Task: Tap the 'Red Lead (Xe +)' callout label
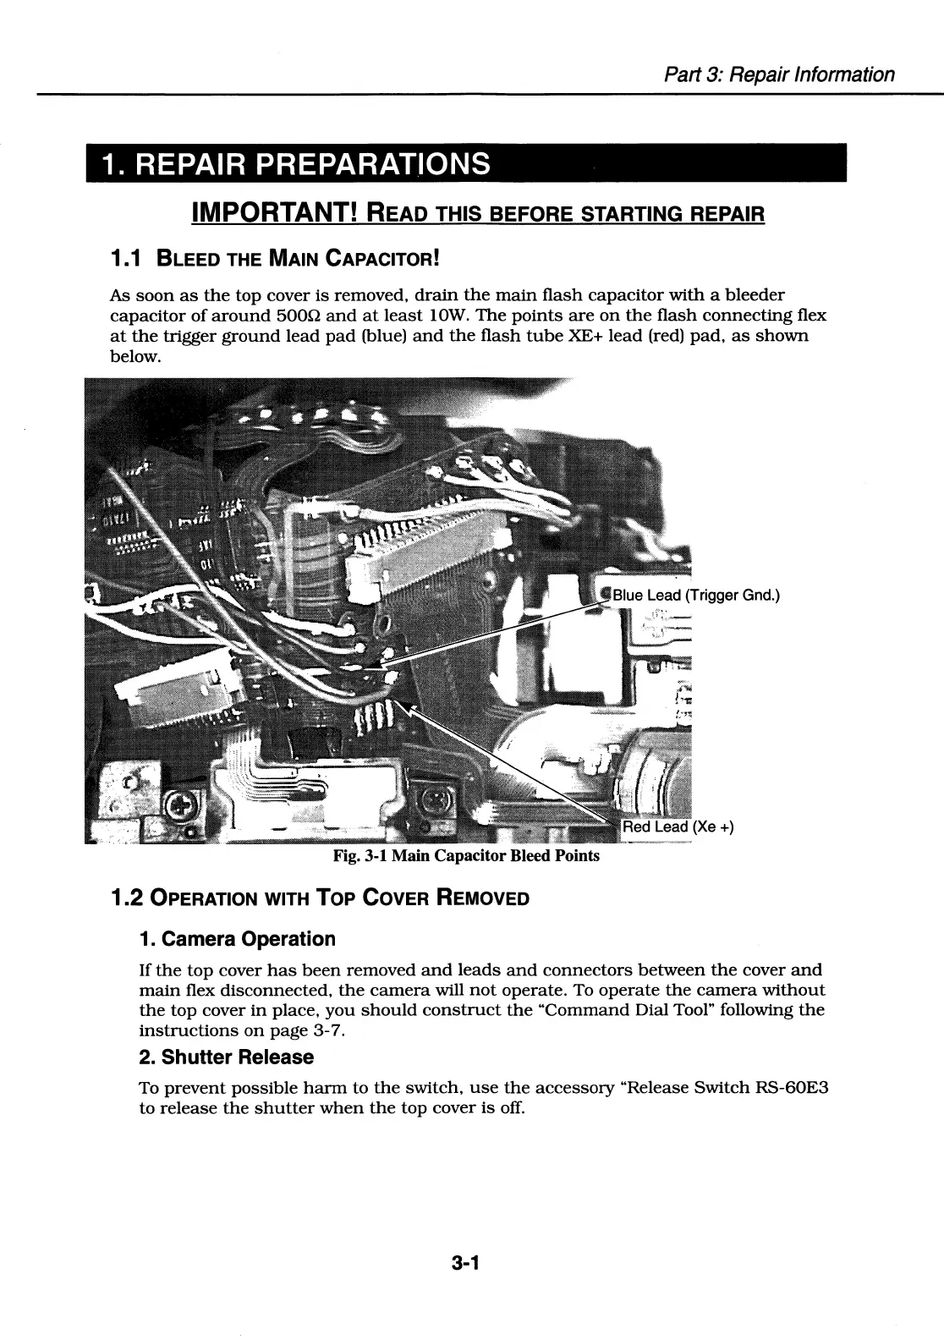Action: point(678,827)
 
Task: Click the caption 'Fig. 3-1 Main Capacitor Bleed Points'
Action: point(466,855)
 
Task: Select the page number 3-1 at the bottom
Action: point(466,1265)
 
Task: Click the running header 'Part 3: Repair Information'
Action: point(779,74)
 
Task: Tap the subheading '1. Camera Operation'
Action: point(237,939)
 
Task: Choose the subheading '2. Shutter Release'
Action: point(226,1057)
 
